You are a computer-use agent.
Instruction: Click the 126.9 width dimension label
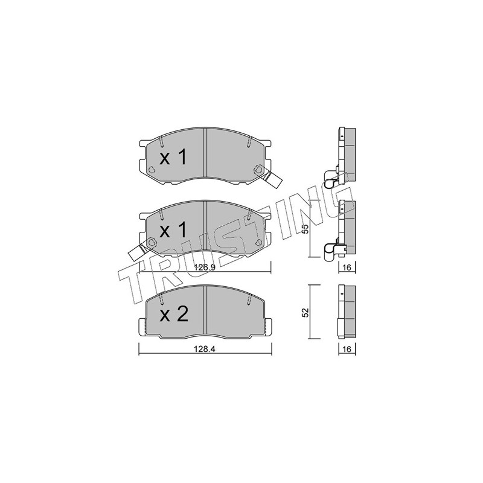coord(205,267)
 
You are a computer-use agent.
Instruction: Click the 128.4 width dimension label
coord(204,349)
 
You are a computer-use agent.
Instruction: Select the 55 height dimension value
coord(305,229)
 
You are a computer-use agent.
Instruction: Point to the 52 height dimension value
coord(305,312)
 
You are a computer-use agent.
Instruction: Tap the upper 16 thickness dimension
coord(347,267)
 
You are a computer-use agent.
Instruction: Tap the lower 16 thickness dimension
coord(347,349)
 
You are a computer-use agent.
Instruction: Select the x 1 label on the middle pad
coord(173,230)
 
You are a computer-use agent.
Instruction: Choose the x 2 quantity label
coord(174,315)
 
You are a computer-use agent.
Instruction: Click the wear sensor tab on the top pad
coord(272,179)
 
